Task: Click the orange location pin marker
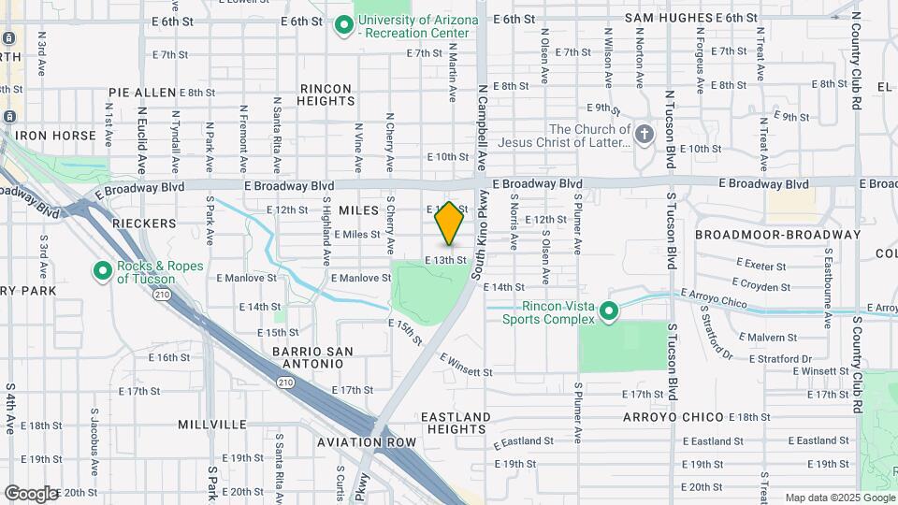(x=449, y=223)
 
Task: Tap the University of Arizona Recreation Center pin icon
(x=343, y=26)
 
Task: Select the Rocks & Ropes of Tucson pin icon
(x=102, y=272)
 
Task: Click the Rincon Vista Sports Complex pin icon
(x=609, y=310)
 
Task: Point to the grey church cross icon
(x=644, y=136)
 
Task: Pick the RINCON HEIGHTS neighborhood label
(x=326, y=94)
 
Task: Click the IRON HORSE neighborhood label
(x=55, y=136)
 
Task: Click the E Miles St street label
(x=356, y=235)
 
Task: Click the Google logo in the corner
(x=31, y=493)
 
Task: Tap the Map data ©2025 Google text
(x=839, y=498)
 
